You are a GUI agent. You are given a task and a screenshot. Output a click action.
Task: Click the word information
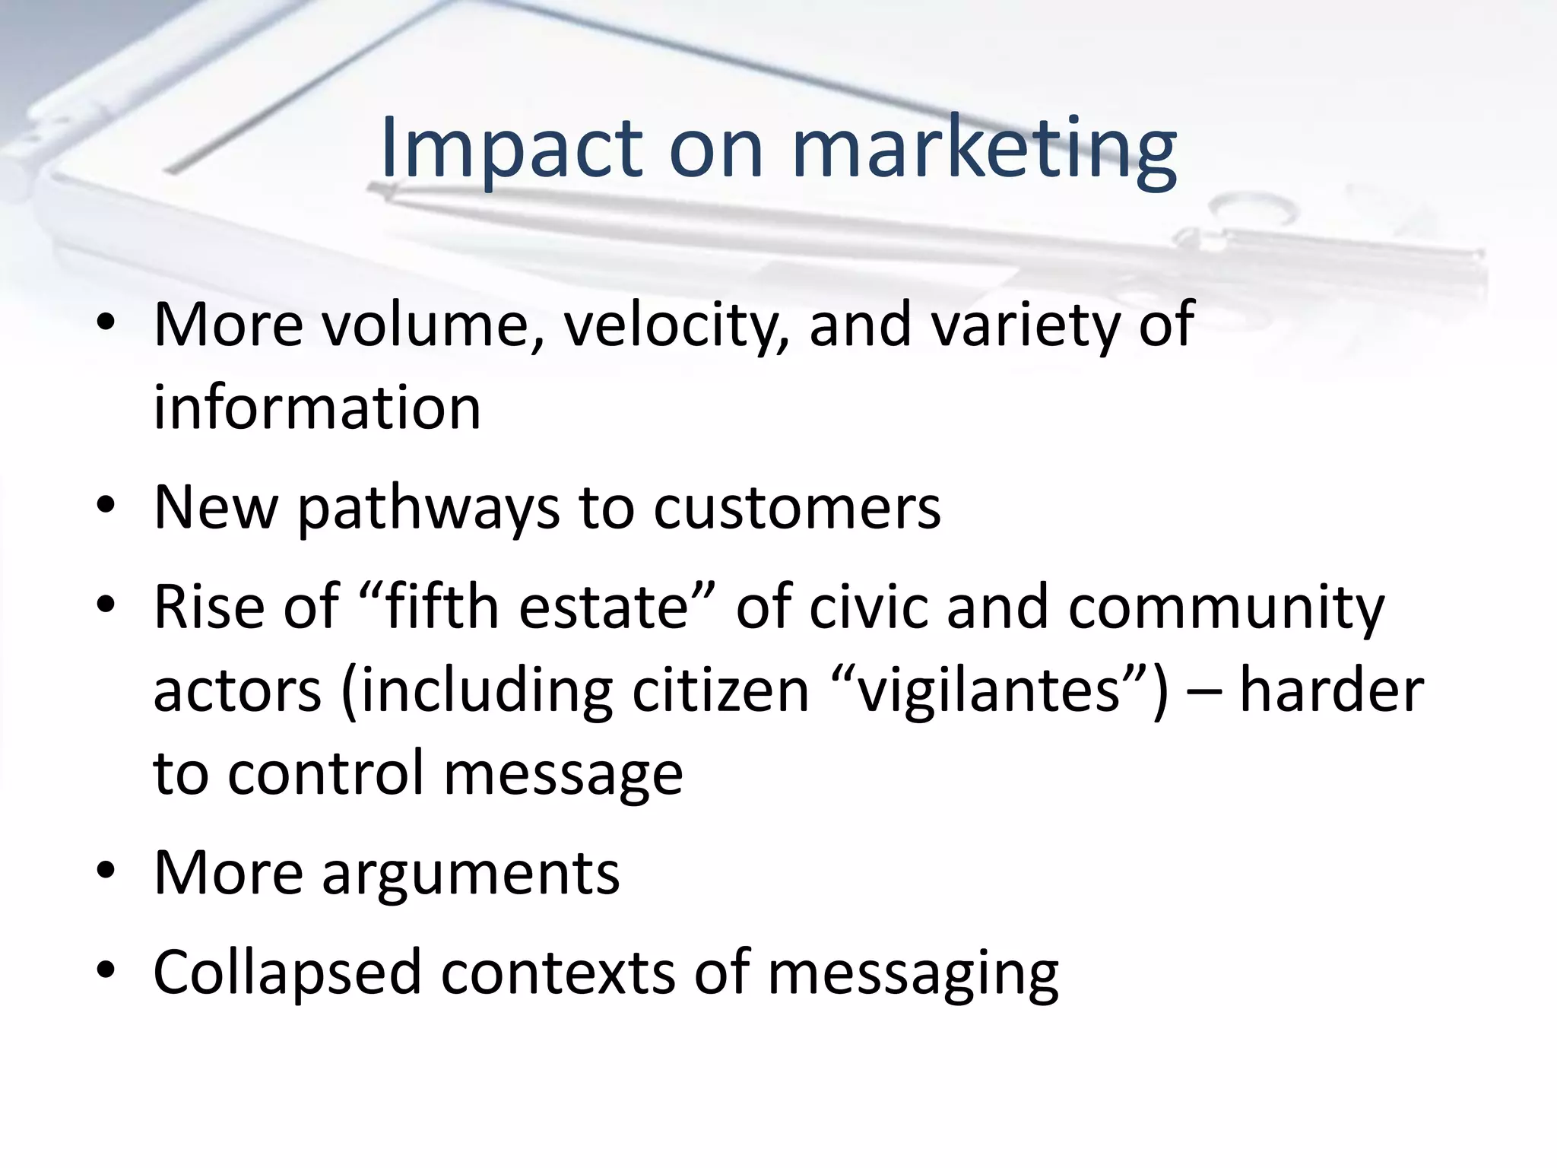tap(317, 408)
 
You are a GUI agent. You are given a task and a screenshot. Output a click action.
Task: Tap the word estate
tap(604, 607)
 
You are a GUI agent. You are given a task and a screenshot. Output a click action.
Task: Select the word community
tap(1226, 607)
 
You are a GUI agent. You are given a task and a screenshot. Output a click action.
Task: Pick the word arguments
tap(471, 873)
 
